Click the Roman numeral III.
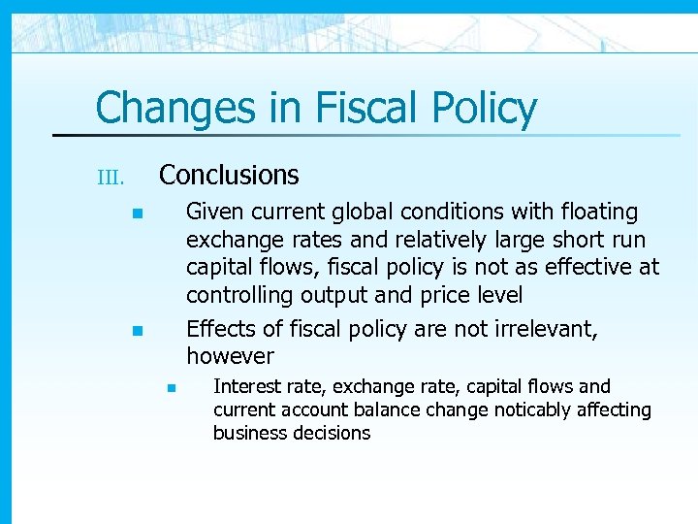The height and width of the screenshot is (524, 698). [x=111, y=178]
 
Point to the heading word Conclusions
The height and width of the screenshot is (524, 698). [x=229, y=175]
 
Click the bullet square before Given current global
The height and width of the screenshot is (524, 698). [x=139, y=213]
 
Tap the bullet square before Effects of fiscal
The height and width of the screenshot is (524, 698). [x=139, y=331]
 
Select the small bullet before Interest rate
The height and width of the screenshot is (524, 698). [x=168, y=388]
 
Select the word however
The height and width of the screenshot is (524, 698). [x=230, y=356]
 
